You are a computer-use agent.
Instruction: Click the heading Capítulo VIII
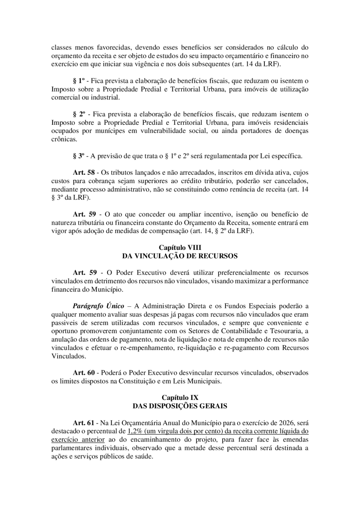[x=180, y=248]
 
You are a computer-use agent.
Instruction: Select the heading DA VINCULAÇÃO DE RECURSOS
[x=180, y=256]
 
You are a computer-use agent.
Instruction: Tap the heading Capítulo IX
[x=180, y=397]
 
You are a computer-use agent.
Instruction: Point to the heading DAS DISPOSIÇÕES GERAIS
[x=180, y=406]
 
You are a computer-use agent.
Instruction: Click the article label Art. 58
[x=84, y=173]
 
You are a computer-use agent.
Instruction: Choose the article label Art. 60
[x=84, y=373]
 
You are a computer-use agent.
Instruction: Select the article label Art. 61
[x=84, y=423]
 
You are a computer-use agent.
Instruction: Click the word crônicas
[x=64, y=140]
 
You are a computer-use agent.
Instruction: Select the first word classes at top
[x=61, y=47]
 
